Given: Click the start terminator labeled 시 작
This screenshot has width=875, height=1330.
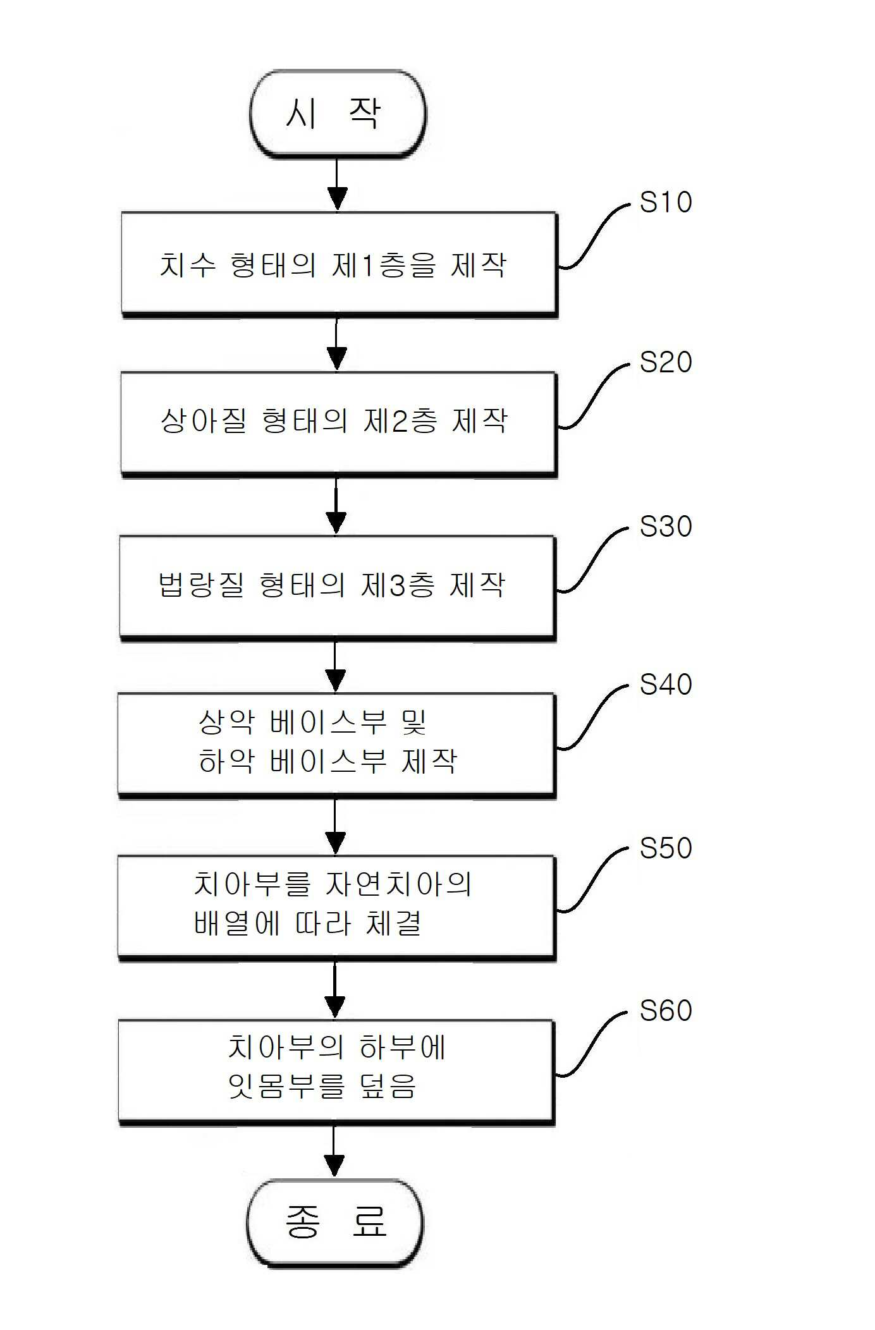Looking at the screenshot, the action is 338,114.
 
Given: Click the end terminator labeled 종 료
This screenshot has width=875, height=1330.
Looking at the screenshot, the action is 335,1223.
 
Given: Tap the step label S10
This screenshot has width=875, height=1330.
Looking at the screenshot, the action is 666,202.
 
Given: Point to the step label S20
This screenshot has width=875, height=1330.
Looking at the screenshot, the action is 666,362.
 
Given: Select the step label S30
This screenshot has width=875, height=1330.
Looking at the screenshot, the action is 666,527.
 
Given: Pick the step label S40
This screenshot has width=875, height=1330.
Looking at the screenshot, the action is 666,685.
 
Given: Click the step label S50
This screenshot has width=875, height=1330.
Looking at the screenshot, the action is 666,848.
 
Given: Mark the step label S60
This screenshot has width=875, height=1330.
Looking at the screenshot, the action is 666,1011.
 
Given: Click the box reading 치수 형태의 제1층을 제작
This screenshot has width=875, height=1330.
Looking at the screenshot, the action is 339,264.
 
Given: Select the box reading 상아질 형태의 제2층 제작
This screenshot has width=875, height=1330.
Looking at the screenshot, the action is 338,424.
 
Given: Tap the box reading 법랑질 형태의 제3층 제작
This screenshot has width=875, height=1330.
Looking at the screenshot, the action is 338,588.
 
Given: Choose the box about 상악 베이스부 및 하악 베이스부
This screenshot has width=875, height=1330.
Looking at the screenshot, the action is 337,746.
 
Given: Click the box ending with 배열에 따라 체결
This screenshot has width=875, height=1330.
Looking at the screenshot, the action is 336,908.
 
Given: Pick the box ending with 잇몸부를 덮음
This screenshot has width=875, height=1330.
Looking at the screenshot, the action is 336,1072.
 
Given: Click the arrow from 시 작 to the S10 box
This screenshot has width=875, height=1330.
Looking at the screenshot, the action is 337,185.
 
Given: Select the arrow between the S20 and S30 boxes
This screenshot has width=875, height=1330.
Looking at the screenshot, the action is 336,506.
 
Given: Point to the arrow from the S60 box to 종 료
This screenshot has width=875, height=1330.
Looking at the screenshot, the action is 334,1152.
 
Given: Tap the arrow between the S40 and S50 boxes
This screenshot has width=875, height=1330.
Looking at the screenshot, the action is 335,827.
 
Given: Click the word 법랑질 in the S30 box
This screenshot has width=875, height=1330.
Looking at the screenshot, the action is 201,585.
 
